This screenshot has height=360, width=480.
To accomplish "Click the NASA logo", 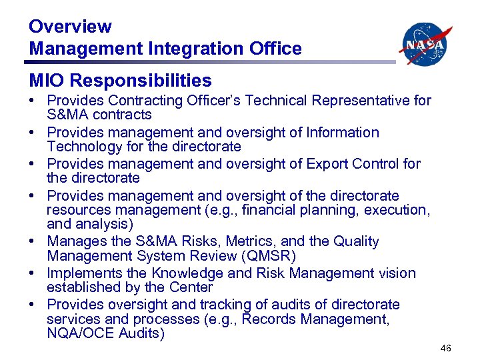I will [x=425, y=44].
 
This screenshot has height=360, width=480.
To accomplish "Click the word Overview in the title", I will [x=70, y=27].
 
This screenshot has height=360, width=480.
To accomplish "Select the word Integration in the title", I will [x=183, y=49].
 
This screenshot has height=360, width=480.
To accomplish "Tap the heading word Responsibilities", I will [x=141, y=81].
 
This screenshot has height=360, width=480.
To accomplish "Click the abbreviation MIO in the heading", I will [x=47, y=81].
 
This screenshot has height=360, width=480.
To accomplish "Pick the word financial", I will [x=280, y=210].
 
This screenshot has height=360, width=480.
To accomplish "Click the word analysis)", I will [x=105, y=224].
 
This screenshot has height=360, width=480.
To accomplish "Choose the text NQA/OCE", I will [x=76, y=333].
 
